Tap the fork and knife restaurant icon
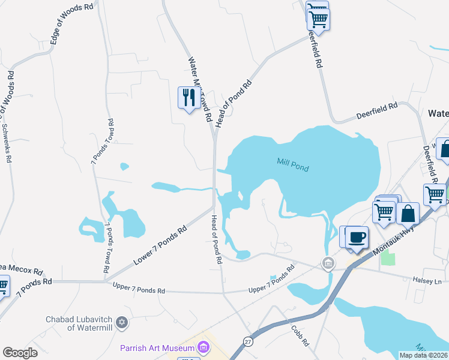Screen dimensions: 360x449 pyautogui.click(x=189, y=97)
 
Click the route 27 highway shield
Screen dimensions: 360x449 pyautogui.click(x=247, y=341)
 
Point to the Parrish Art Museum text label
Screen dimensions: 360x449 pyautogui.click(x=157, y=348)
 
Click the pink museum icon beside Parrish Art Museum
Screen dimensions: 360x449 pyautogui.click(x=203, y=347)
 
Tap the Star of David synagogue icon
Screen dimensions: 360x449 pyautogui.click(x=123, y=323)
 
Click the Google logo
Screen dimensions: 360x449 pyautogui.click(x=20, y=353)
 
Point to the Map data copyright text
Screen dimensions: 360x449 pyautogui.click(x=423, y=355)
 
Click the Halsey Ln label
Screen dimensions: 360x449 pyautogui.click(x=427, y=280)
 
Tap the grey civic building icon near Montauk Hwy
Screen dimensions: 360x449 pyautogui.click(x=328, y=262)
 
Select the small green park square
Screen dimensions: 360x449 pyautogui.click(x=388, y=259)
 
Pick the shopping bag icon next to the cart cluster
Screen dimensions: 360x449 pyautogui.click(x=408, y=214)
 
